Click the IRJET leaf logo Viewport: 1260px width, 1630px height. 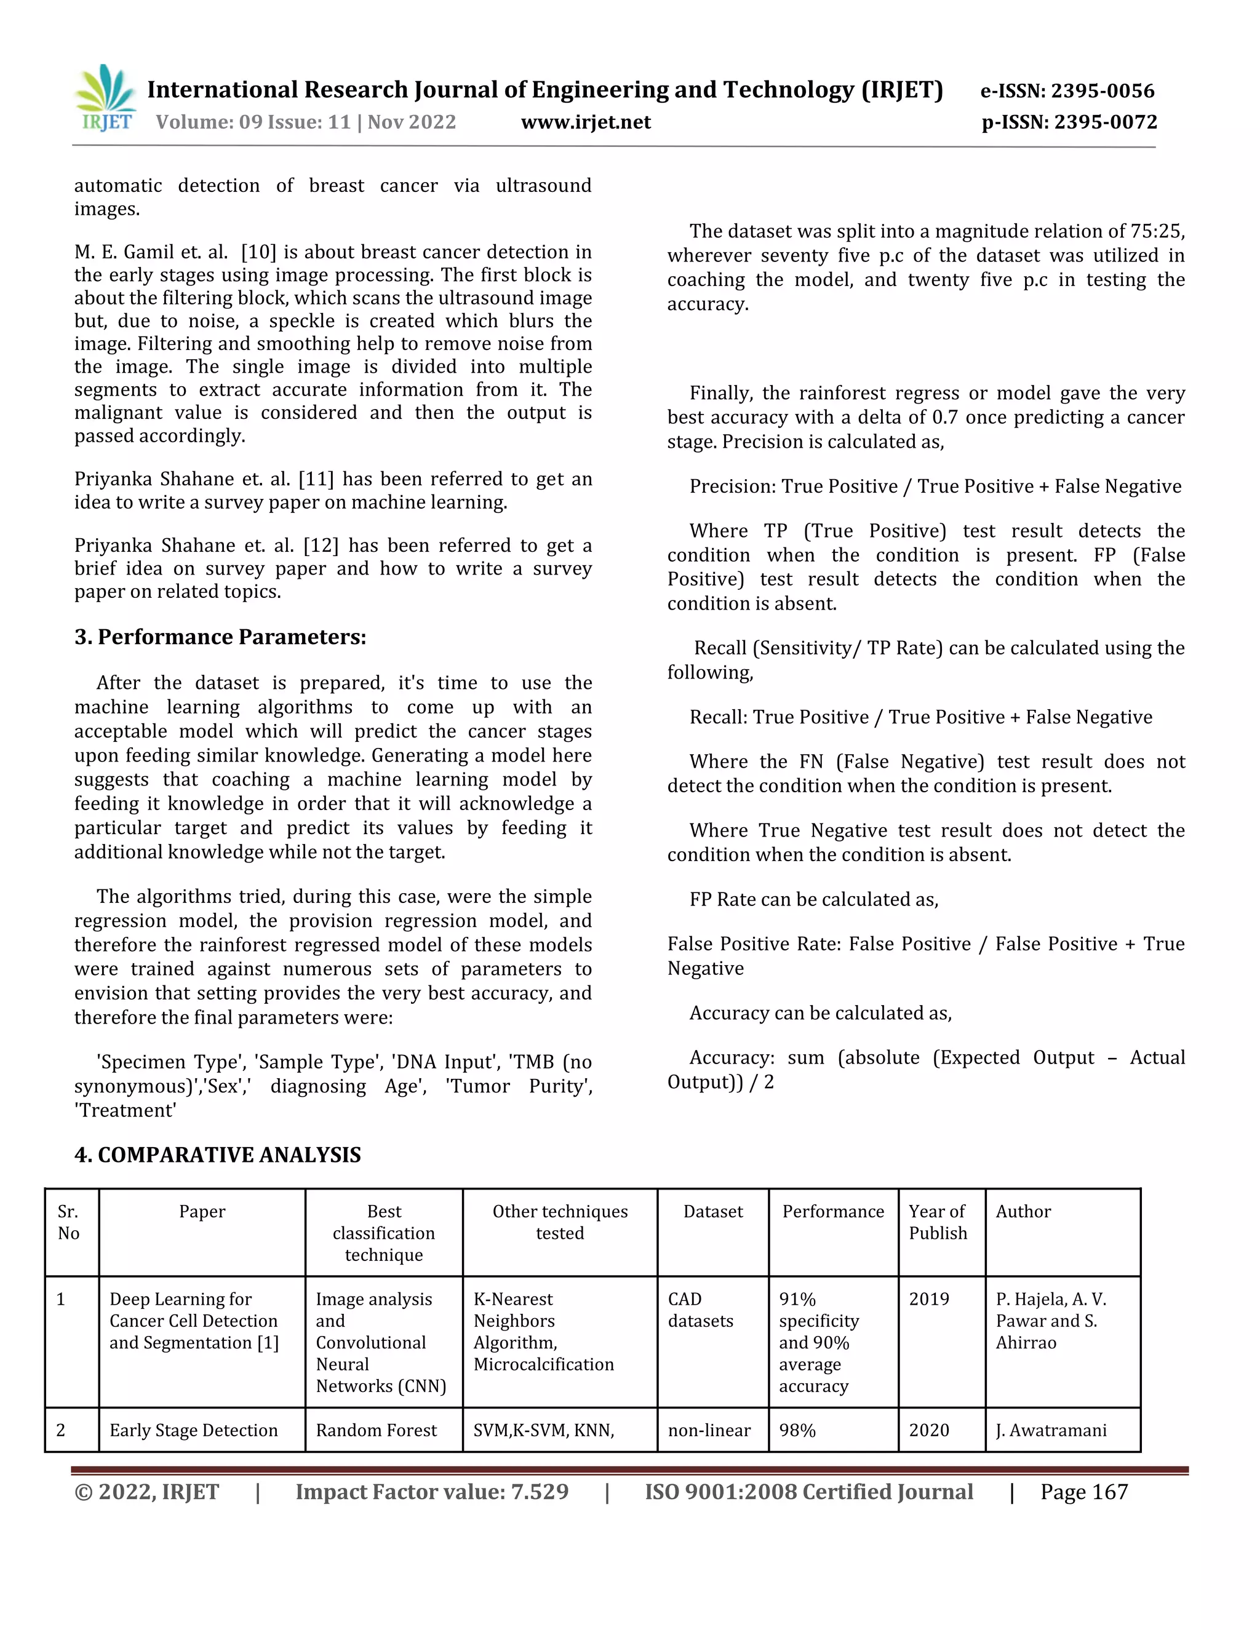[106, 98]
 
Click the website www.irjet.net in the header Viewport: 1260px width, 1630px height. [585, 122]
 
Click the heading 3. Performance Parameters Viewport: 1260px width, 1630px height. [220, 637]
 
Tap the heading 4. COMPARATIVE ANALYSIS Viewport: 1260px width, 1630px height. [217, 1155]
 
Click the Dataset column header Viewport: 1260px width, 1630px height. [713, 1211]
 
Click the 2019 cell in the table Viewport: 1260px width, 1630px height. [928, 1298]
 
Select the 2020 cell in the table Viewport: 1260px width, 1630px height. [928, 1430]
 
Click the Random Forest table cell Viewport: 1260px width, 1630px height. [376, 1430]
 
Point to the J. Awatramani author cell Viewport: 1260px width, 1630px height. [1051, 1430]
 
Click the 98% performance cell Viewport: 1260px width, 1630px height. [797, 1430]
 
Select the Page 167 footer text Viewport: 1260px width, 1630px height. [1084, 1492]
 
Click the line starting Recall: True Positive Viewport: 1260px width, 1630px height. [920, 717]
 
